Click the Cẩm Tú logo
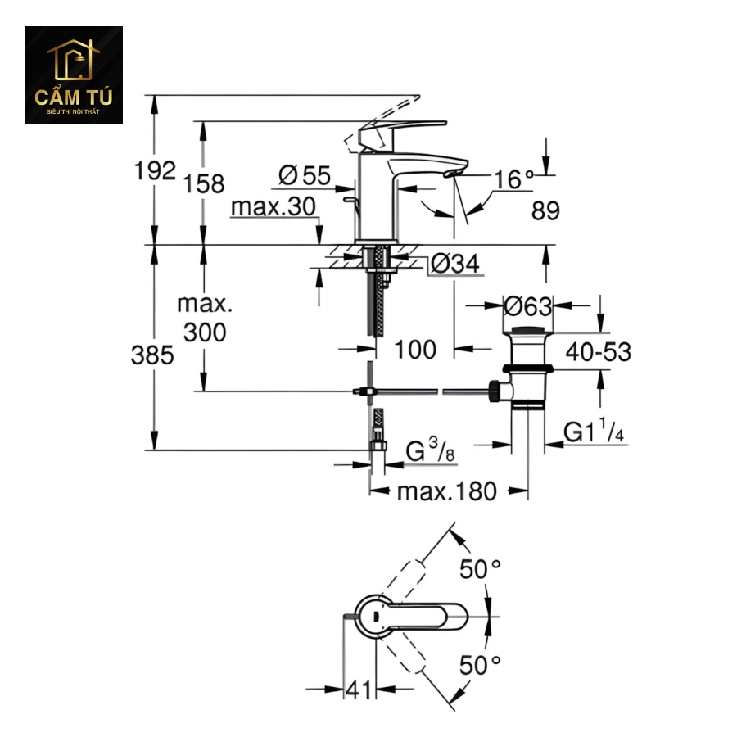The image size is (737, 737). (74, 75)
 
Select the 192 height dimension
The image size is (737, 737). (156, 170)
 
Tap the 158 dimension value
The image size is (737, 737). (205, 183)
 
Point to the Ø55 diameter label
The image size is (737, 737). (304, 174)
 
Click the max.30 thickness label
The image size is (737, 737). (273, 206)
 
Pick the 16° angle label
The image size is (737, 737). (513, 179)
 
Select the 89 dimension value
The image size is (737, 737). (545, 210)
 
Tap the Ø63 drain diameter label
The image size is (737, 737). (528, 307)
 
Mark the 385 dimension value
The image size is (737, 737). (155, 355)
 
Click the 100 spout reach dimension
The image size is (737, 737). (416, 350)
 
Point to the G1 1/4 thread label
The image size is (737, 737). (595, 432)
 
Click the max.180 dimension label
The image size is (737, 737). (447, 491)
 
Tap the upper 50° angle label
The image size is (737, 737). (479, 569)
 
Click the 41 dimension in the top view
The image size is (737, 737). (358, 690)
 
